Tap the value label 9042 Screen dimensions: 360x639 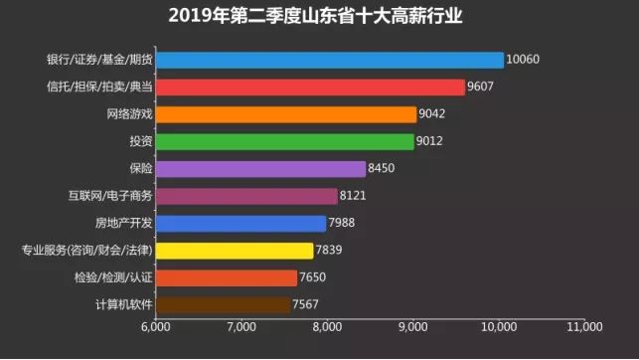point(432,114)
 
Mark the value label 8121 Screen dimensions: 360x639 point(354,196)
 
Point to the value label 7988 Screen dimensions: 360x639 point(343,224)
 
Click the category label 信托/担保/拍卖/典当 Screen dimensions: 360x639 point(99,88)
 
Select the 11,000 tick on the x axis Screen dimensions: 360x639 point(583,326)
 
